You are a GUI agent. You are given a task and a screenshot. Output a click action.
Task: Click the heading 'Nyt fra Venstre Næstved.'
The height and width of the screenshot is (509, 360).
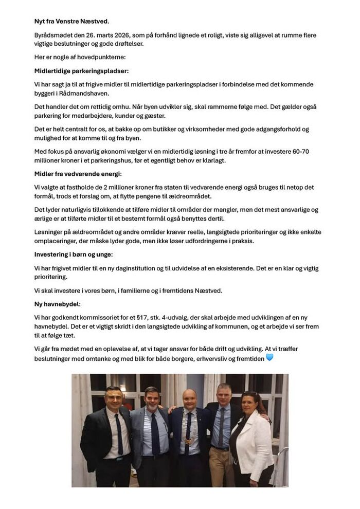pyautogui.click(x=71, y=21)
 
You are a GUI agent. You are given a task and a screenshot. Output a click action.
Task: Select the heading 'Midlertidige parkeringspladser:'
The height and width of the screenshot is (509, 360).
pyautogui.click(x=81, y=70)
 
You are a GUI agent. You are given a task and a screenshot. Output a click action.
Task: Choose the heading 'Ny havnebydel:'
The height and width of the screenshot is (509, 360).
pyautogui.click(x=57, y=304)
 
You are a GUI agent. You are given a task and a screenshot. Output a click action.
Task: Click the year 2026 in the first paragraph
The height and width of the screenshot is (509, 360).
pyautogui.click(x=108, y=35)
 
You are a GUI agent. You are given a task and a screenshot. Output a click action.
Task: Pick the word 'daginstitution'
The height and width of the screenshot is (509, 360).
pyautogui.click(x=129, y=268)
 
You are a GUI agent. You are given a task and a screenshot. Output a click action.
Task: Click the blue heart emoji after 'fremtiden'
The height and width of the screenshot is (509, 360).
pyautogui.click(x=269, y=357)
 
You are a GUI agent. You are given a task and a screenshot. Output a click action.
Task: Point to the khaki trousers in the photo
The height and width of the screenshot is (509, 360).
pyautogui.click(x=221, y=465)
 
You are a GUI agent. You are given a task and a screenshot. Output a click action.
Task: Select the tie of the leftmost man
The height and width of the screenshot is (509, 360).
pyautogui.click(x=119, y=434)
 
